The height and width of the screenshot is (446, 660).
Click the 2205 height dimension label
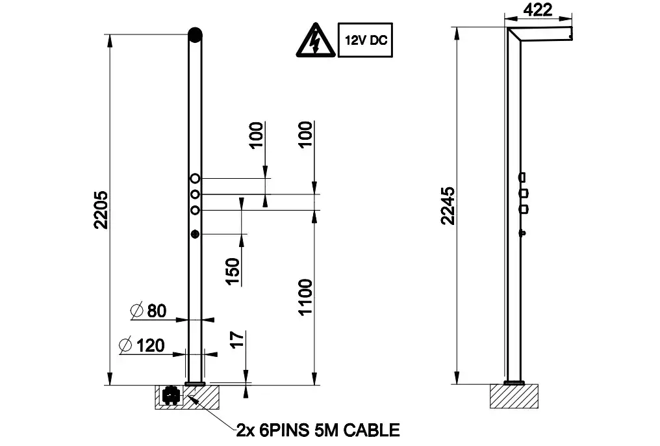pos(101,210)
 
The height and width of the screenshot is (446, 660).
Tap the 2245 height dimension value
pos(448,206)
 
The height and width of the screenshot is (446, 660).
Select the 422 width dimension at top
pos(537,9)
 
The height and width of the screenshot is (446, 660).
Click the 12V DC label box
pos(365,40)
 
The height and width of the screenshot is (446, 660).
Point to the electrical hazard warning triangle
pos(316,40)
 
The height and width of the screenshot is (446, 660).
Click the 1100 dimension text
pos(305,296)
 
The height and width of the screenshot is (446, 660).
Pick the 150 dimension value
pos(233,272)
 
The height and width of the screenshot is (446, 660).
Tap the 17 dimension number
pos(237,339)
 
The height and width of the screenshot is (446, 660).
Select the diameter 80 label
pos(149,311)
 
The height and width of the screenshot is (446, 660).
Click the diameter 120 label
pos(142,345)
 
